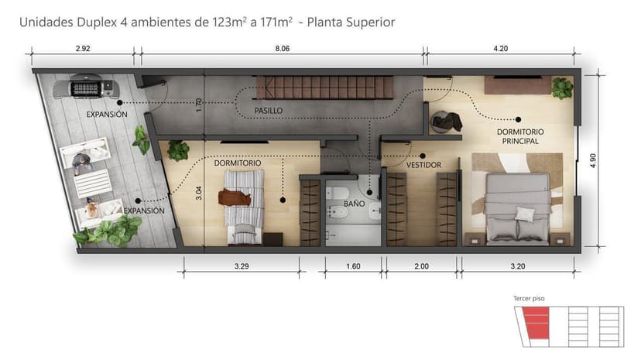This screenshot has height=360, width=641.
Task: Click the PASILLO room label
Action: point(269,111)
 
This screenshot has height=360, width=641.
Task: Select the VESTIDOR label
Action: point(423,165)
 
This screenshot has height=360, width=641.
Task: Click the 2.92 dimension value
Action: point(83,48)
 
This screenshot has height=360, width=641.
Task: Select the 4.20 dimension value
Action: point(501,48)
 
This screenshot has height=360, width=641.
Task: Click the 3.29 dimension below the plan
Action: point(242,266)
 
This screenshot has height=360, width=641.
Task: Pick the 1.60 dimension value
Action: point(352,266)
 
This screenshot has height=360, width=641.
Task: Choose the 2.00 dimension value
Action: point(421,266)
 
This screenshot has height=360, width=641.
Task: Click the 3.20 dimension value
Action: point(518,266)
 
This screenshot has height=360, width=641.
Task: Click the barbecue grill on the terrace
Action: point(85,87)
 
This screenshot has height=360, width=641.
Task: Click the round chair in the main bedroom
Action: point(446,122)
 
